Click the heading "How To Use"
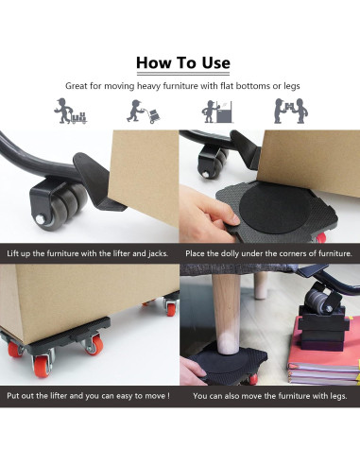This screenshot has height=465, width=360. (x=183, y=62)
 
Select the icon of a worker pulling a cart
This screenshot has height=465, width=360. (x=70, y=111)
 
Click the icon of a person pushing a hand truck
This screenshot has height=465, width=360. (x=144, y=112)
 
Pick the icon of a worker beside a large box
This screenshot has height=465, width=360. (x=217, y=112)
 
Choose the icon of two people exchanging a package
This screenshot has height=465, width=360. (x=291, y=111)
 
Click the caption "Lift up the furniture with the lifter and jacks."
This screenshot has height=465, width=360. (x=88, y=253)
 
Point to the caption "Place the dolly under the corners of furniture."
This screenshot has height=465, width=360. (x=268, y=253)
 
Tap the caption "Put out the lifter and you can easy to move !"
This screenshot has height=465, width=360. (x=88, y=396)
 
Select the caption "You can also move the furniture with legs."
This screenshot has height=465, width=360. (x=270, y=396)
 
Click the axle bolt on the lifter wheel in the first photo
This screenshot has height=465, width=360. (x=41, y=218)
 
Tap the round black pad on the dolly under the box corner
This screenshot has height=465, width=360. (x=274, y=208)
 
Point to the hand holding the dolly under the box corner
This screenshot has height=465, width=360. (x=208, y=215)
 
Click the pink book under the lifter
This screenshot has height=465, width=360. (x=323, y=352)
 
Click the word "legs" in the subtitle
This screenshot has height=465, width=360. (x=292, y=87)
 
